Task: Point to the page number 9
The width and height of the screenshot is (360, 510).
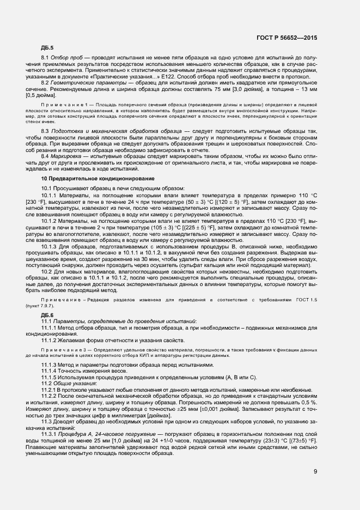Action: tap(315, 471)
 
